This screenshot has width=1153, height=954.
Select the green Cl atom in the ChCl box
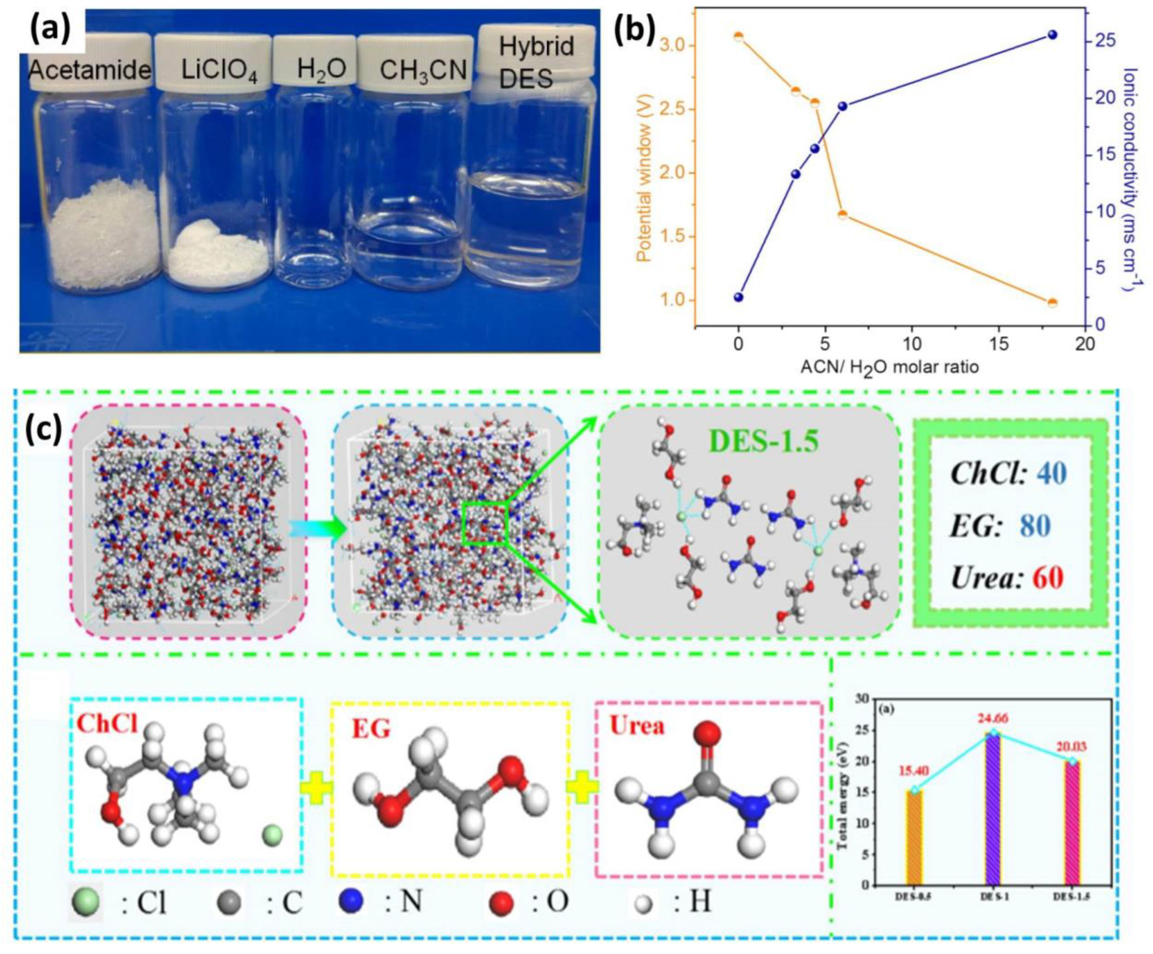(273, 837)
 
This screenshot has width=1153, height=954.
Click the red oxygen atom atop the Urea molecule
(708, 733)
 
